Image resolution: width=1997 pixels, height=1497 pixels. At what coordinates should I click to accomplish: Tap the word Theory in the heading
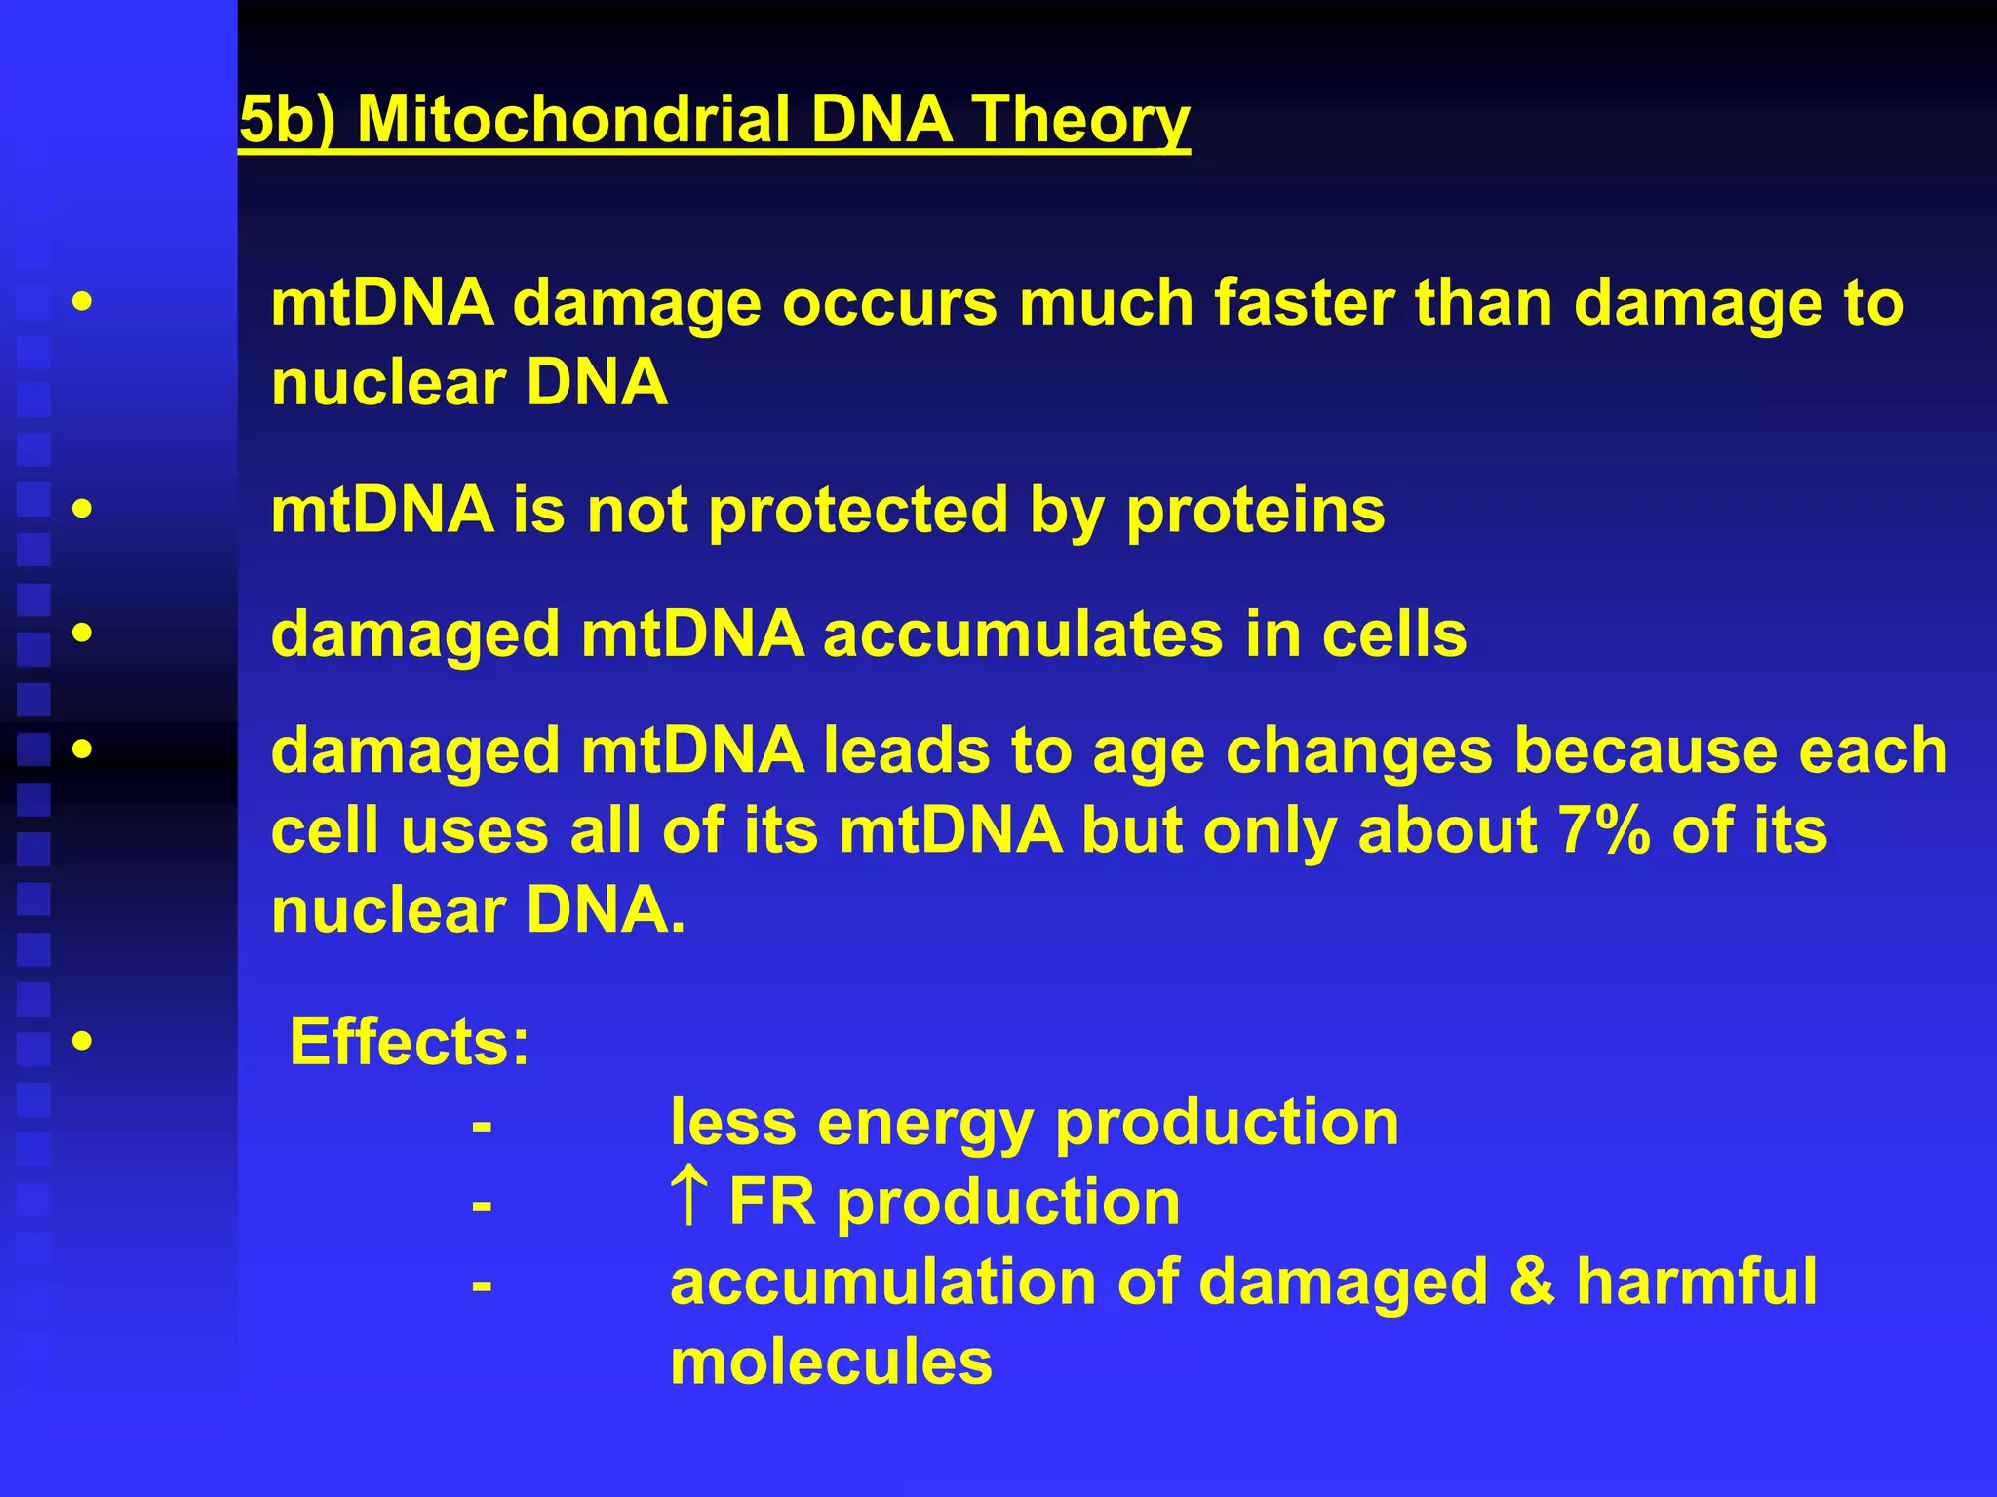(1082, 120)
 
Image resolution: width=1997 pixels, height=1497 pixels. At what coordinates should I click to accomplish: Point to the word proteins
(1256, 510)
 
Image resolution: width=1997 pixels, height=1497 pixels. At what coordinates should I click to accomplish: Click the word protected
(858, 510)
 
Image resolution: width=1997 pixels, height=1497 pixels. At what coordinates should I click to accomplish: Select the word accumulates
(1024, 634)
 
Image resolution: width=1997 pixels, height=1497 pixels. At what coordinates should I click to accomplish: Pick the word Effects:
(410, 1042)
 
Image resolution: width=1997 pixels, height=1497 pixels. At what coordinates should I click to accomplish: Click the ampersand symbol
(1532, 1282)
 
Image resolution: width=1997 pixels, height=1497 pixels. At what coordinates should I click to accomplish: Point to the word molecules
(831, 1362)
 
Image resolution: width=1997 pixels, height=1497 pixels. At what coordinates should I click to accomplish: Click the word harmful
(1697, 1282)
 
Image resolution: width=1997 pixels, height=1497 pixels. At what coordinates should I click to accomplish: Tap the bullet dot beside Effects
(82, 1042)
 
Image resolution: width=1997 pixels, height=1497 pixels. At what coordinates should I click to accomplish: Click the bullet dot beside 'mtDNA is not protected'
(82, 510)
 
